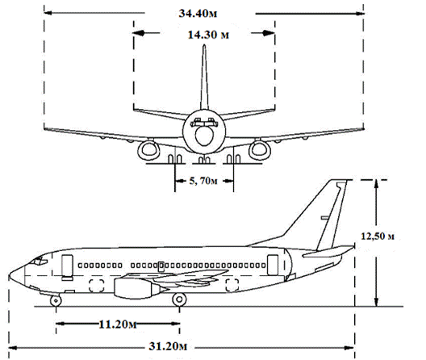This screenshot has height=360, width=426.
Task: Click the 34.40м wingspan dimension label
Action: [x=198, y=14]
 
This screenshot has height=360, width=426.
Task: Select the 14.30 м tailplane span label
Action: [x=208, y=35]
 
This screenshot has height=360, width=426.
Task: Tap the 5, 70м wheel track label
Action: [x=203, y=181]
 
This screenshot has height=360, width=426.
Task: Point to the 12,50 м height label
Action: [x=378, y=236]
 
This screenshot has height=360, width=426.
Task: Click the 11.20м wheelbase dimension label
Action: [x=117, y=324]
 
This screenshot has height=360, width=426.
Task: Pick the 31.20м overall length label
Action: [x=168, y=346]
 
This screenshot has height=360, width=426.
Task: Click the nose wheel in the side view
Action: [x=56, y=301]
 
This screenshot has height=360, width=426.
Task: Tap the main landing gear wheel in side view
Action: [x=179, y=299]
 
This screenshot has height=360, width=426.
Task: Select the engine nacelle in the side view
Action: [x=137, y=288]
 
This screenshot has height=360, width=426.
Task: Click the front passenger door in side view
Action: [x=67, y=267]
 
